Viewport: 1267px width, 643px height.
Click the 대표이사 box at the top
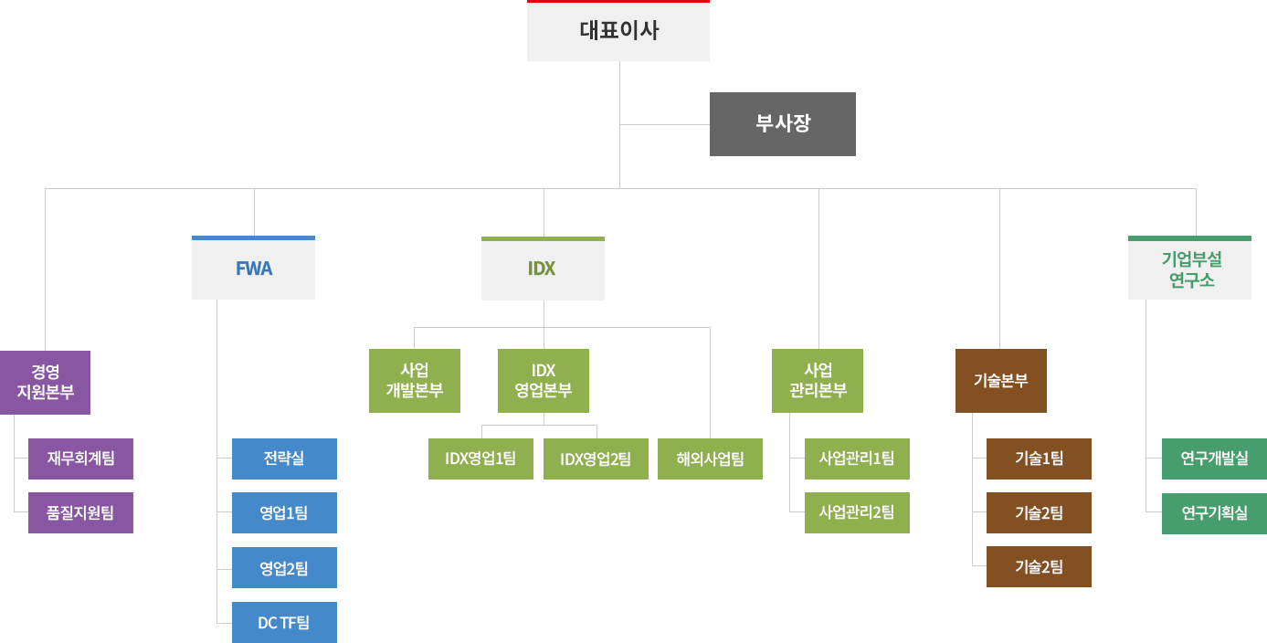(x=618, y=31)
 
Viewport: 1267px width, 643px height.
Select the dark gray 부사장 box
(x=783, y=123)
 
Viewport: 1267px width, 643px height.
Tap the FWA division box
(x=253, y=269)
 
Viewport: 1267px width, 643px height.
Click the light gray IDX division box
(x=542, y=269)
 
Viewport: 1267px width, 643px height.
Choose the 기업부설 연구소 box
(x=1188, y=269)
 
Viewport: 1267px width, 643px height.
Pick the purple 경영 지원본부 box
(x=46, y=382)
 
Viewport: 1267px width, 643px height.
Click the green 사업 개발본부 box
(x=414, y=380)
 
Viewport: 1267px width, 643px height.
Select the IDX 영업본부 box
(x=543, y=380)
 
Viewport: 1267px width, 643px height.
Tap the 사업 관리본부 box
(x=817, y=380)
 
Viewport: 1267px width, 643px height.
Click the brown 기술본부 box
(x=1000, y=380)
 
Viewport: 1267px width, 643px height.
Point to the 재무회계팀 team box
(x=80, y=459)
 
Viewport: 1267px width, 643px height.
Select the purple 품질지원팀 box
(x=80, y=512)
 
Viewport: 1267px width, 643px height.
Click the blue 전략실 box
(x=284, y=459)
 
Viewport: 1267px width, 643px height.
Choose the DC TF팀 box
(x=284, y=622)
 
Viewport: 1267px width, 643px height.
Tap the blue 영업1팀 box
(x=284, y=512)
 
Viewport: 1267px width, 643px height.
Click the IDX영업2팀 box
(x=596, y=459)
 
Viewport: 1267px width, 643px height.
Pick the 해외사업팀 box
(x=710, y=459)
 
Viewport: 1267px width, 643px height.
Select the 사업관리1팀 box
(x=857, y=459)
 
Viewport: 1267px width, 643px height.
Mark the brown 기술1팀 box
(x=1039, y=459)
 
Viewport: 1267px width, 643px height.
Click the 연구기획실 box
(x=1214, y=512)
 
